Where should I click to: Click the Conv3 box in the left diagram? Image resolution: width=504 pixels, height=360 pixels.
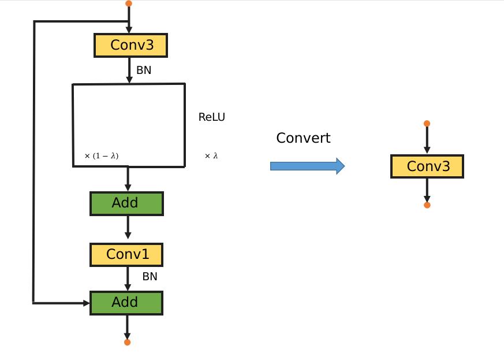pos(130,45)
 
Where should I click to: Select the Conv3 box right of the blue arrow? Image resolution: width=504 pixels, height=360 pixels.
pos(427,166)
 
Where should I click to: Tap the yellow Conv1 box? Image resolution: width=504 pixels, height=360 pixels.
pos(127,254)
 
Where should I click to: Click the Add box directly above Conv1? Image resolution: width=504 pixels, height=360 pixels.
pos(126,203)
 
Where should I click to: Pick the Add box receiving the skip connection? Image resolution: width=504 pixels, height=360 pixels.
pos(126,303)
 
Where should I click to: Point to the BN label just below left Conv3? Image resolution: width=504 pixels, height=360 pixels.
pos(144,70)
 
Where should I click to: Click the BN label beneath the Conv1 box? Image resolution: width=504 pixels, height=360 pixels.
pos(150,277)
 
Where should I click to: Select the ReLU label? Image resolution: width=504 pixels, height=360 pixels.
pos(212,117)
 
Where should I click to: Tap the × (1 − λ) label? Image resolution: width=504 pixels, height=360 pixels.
pos(102,156)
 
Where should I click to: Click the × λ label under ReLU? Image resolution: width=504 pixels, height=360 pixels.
pos(211,156)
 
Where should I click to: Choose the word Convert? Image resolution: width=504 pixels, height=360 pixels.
pos(303,138)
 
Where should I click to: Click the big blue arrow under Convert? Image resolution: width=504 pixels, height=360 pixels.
pos(307,166)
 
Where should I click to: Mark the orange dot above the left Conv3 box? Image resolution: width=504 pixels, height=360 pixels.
pos(129,3)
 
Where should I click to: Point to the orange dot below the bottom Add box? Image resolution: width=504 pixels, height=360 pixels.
pos(127,342)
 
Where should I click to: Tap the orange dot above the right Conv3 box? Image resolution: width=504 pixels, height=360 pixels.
pos(427,124)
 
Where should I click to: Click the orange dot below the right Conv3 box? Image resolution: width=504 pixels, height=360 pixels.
pos(427,205)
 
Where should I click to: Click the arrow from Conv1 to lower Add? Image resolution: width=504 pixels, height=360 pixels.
pos(128,279)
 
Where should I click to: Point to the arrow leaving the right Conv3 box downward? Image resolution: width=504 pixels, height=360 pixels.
pos(427,189)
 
